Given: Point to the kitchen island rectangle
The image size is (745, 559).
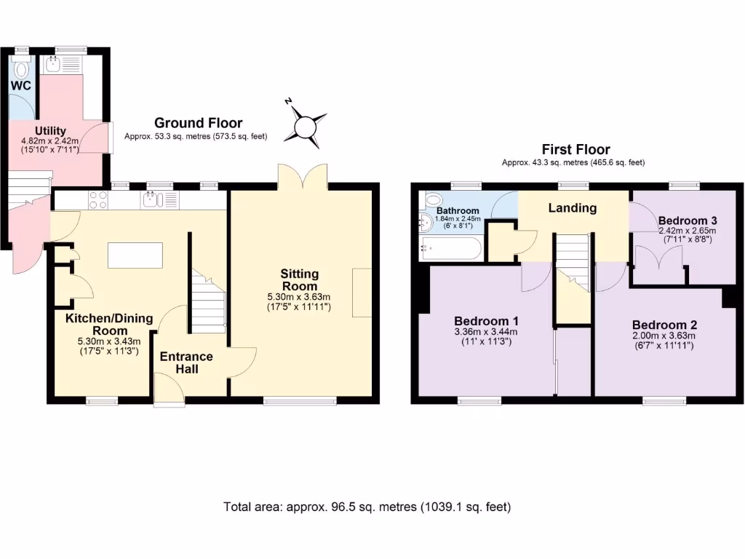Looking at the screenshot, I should (135, 256).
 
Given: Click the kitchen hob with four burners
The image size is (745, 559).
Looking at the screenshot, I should (97, 199).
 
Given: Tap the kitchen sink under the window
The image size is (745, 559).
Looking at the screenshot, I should (153, 200).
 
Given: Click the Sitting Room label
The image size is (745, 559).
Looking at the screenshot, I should (300, 279).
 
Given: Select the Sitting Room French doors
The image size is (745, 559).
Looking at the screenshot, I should (302, 175).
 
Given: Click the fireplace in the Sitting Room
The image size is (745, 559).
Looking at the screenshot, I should (362, 292).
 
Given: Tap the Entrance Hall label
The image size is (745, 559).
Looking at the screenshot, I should (186, 362).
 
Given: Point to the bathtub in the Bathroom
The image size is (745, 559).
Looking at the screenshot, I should (450, 249).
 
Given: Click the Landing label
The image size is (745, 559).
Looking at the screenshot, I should (572, 208).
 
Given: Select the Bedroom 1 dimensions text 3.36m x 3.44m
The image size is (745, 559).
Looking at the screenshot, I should (486, 333).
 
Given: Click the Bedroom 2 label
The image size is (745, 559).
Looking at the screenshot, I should (664, 325).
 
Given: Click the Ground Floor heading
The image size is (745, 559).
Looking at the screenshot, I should (198, 123).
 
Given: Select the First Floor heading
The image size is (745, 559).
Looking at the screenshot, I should (575, 150).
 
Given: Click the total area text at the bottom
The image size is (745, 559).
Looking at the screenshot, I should (367, 507).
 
